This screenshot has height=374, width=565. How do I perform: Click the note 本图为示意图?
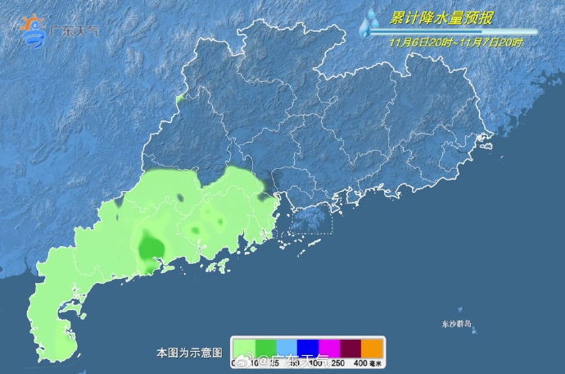[189, 352]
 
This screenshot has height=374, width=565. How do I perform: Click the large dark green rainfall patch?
[151, 246]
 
